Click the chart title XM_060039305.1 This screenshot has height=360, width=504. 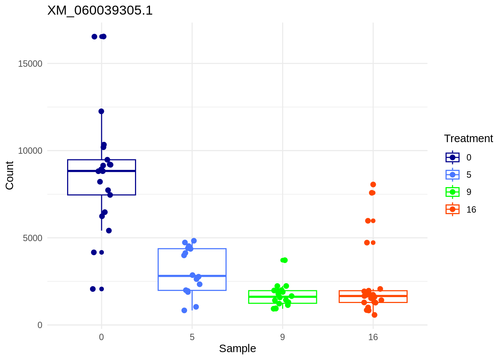click(100, 10)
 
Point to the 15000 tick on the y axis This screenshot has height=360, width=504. click(30, 64)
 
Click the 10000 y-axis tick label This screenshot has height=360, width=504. click(30, 151)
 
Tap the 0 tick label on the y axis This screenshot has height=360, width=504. click(40, 325)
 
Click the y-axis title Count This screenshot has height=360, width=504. click(10, 175)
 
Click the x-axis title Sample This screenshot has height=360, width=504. click(237, 349)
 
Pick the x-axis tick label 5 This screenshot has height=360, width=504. click(192, 337)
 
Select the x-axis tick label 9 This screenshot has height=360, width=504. click(282, 337)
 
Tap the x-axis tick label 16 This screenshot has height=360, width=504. click(373, 337)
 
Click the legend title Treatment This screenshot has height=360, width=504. click(468, 139)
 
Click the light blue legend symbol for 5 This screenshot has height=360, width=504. click(453, 175)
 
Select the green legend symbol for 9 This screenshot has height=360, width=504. click(453, 192)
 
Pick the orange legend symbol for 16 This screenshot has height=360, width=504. click(453, 210)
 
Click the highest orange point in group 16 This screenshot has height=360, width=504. click(373, 184)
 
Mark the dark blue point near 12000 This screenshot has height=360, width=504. click(101, 111)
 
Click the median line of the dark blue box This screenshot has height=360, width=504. click(101, 171)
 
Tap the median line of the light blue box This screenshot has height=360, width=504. click(192, 276)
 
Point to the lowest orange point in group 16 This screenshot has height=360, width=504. click(374, 315)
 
